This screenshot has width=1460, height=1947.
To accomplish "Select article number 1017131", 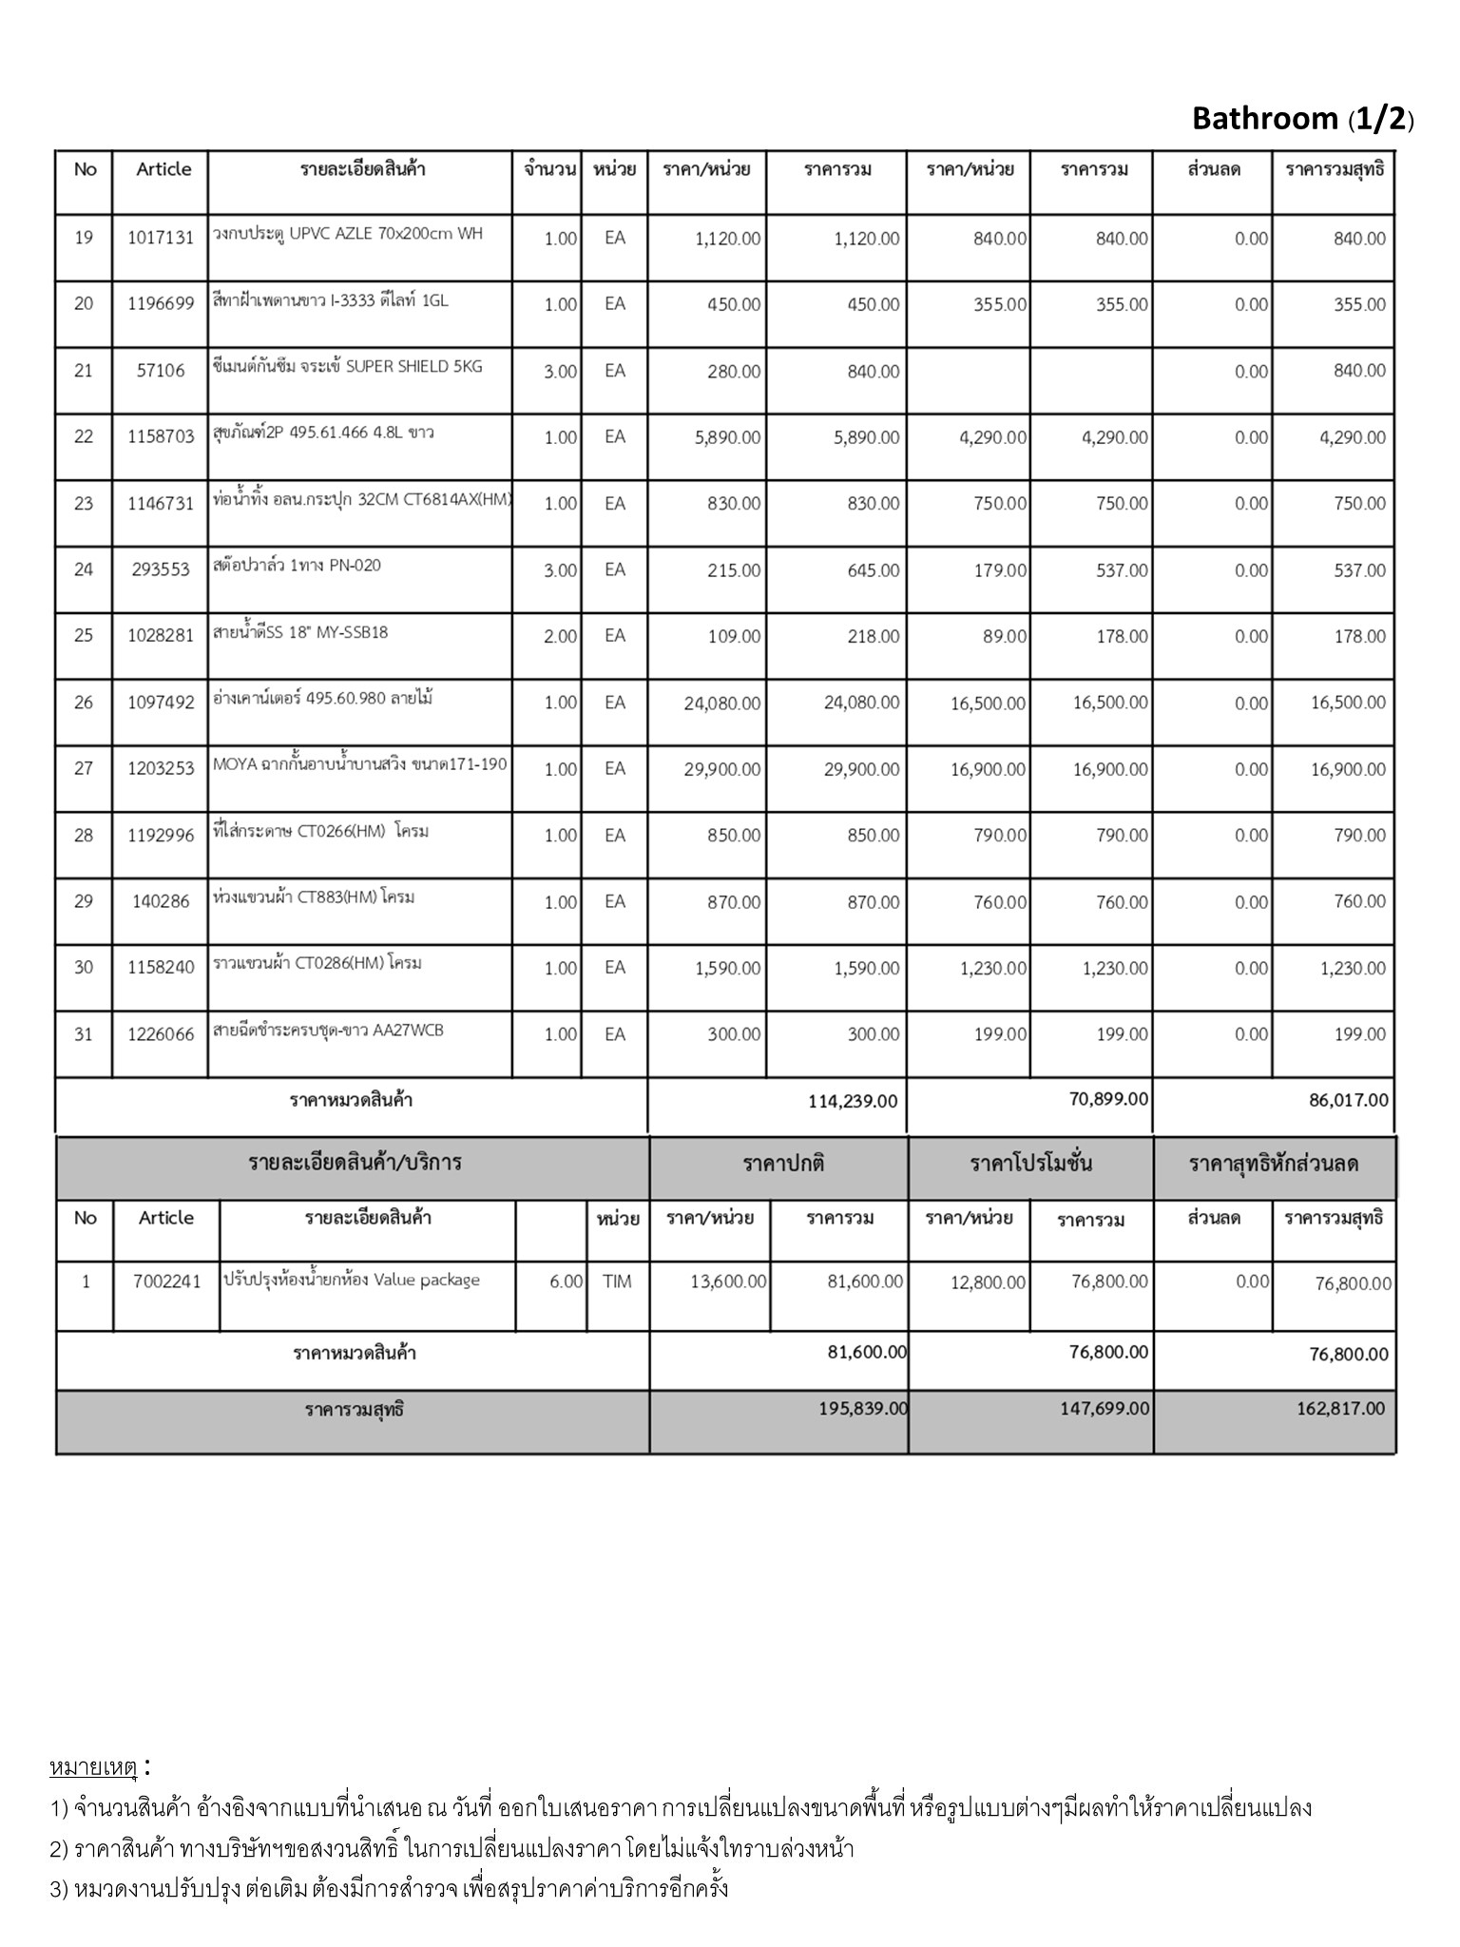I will (x=160, y=238).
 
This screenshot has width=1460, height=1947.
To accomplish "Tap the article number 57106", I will (x=160, y=371).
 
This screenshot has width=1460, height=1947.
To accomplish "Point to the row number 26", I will (x=84, y=703).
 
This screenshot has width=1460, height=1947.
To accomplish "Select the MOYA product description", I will (x=360, y=764).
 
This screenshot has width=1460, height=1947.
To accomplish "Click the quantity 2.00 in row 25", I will (x=560, y=636).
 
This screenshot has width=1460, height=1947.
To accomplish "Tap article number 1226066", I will (x=160, y=1034).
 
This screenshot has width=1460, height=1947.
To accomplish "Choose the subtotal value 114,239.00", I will (x=852, y=1101).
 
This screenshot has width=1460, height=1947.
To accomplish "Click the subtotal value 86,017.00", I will (x=1348, y=1101).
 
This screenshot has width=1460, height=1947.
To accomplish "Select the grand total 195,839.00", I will (x=863, y=1409).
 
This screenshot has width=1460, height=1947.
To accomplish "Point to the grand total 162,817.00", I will (x=1340, y=1409).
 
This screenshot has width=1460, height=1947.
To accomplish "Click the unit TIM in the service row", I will (x=616, y=1282).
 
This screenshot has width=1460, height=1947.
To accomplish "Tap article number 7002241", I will (x=166, y=1282).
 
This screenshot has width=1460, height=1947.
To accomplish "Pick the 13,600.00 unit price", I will (x=727, y=1282).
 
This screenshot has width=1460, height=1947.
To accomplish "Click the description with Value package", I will (x=352, y=1280).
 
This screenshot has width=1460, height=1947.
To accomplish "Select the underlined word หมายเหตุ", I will (x=93, y=1768).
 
